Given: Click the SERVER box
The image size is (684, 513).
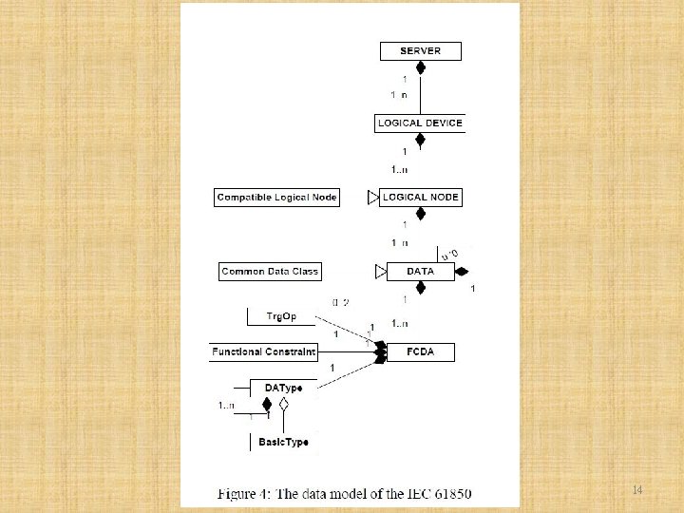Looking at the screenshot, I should [x=420, y=51].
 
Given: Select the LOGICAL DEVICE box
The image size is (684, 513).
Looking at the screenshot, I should [x=420, y=123].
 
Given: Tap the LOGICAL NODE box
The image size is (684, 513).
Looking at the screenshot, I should [x=420, y=198].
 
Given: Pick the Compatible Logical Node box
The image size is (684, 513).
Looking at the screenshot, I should [x=276, y=198].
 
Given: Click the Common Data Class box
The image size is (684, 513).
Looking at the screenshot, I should [x=270, y=272].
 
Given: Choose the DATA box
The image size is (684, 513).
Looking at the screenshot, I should [x=420, y=272].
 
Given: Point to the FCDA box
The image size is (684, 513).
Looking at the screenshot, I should [x=420, y=352].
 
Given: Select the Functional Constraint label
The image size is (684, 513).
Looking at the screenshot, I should [x=264, y=352].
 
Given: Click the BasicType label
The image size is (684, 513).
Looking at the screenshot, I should [x=283, y=443].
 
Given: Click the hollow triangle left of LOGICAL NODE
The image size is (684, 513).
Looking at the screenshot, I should [x=372, y=198].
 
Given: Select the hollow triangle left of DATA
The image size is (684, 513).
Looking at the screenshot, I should [x=380, y=272].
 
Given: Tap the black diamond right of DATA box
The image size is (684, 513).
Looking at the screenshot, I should [x=462, y=272].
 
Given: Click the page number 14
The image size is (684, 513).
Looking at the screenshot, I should [x=637, y=490].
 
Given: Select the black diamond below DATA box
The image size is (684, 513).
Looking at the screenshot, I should [x=420, y=288].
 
